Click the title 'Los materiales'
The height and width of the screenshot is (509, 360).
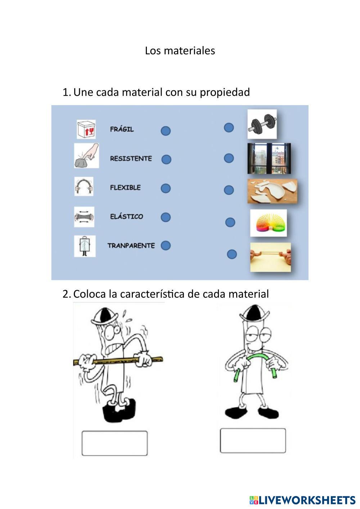(180, 51)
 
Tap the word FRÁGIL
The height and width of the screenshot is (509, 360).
(122, 129)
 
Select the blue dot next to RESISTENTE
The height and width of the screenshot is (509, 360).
(166, 159)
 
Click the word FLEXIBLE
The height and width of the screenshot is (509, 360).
(125, 188)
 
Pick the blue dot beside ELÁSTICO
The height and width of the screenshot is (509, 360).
(166, 217)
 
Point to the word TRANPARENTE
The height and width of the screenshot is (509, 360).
(131, 246)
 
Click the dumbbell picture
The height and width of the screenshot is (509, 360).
(262, 124)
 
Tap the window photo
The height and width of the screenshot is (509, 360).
(269, 158)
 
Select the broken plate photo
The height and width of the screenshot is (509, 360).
(272, 191)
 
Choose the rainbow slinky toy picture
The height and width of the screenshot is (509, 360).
(269, 223)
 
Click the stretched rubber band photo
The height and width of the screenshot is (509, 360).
(270, 257)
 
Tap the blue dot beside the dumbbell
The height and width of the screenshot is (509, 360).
(229, 127)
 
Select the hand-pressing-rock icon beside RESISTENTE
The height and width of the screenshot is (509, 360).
(86, 156)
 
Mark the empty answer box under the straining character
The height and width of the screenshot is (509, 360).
(114, 443)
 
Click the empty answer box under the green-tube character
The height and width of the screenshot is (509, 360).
(253, 441)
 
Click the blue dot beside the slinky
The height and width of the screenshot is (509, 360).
(230, 222)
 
